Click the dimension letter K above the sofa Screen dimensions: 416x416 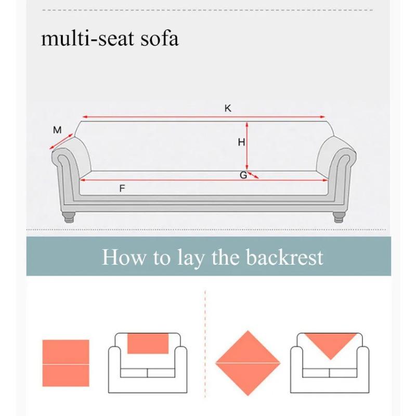click(x=228, y=108)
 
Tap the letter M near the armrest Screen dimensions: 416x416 click(x=57, y=129)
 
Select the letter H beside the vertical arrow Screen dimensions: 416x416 click(x=241, y=142)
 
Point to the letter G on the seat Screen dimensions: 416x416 click(x=243, y=175)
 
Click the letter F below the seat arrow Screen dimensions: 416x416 click(x=122, y=188)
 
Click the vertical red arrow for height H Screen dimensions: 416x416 click(x=248, y=146)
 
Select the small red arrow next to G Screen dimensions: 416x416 click(x=253, y=175)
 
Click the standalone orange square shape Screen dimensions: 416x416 click(x=66, y=363)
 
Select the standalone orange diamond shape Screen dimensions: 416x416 click(x=248, y=362)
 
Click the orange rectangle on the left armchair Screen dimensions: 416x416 click(x=148, y=344)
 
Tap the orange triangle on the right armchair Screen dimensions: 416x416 click(x=330, y=343)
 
